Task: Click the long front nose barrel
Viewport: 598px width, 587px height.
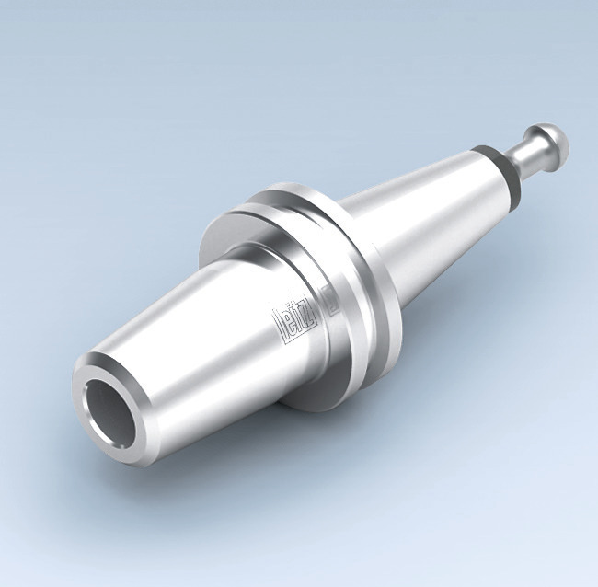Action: pos(184,368)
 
